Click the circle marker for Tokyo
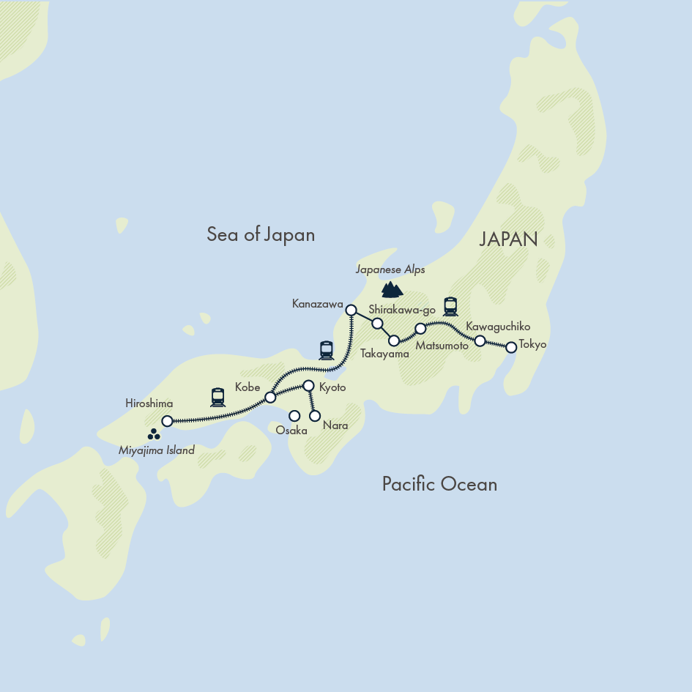click(x=511, y=347)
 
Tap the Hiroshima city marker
click(x=167, y=421)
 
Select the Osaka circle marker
click(x=294, y=416)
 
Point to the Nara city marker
click(x=315, y=416)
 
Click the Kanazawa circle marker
click(x=351, y=310)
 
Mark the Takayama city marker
click(x=394, y=341)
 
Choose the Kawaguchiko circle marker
click(x=480, y=341)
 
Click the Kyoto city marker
click(x=308, y=385)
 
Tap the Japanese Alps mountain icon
click(x=392, y=289)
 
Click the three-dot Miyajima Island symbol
click(x=154, y=435)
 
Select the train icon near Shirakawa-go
click(x=450, y=306)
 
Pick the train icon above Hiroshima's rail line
click(x=217, y=397)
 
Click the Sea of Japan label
click(x=261, y=234)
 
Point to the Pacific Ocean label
click(x=439, y=484)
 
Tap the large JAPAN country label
click(x=508, y=239)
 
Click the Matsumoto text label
click(x=442, y=346)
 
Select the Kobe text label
click(x=248, y=387)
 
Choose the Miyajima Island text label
click(x=157, y=450)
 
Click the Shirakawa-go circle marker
click(x=377, y=324)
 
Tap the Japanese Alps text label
click(x=390, y=269)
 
